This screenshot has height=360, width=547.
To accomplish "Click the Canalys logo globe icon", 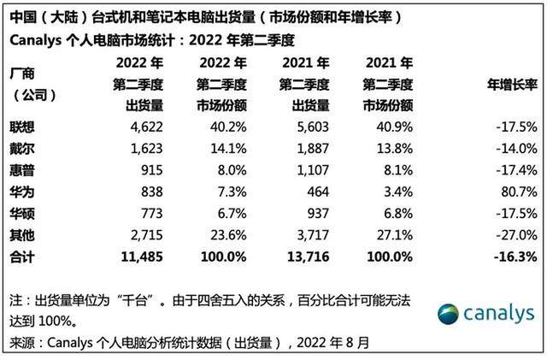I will point(450,314).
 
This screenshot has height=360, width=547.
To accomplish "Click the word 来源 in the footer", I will point(21,343).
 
